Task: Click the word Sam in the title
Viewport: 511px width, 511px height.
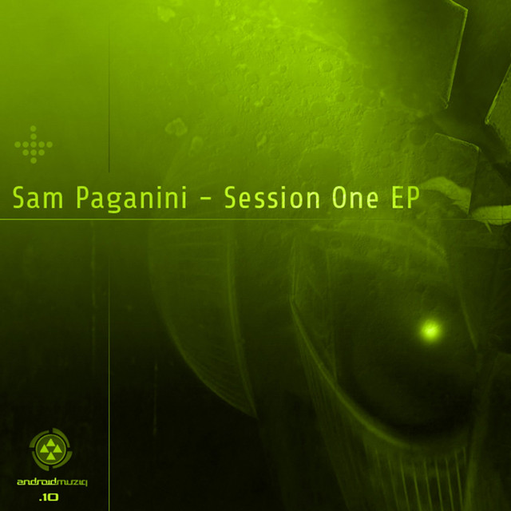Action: tap(38, 197)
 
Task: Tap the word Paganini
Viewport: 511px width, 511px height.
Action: tap(132, 200)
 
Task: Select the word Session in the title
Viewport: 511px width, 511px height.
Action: tap(272, 197)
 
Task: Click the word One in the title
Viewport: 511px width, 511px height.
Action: tap(355, 197)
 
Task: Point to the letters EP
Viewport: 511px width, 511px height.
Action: tap(405, 197)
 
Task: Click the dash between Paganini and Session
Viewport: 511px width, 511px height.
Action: tap(205, 200)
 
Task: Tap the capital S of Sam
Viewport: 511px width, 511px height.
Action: tap(19, 197)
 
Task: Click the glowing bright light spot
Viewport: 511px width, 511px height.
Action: tap(431, 330)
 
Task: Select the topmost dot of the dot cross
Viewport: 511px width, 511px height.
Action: tap(34, 129)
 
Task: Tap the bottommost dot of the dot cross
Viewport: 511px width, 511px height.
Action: tap(34, 160)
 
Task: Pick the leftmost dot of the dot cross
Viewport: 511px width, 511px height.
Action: tap(18, 145)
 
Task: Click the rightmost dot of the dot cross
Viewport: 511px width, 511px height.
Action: tap(50, 145)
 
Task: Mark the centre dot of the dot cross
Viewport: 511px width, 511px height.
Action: tap(34, 145)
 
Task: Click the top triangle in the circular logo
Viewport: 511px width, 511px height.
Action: tap(50, 443)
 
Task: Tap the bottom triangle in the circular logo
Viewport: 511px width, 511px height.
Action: tap(50, 456)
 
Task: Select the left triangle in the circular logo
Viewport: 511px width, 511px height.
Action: tap(44, 450)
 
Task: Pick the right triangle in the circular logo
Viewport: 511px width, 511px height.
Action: tap(57, 450)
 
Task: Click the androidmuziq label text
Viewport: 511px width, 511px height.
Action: tap(52, 482)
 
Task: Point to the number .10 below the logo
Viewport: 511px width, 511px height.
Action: tap(49, 497)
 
